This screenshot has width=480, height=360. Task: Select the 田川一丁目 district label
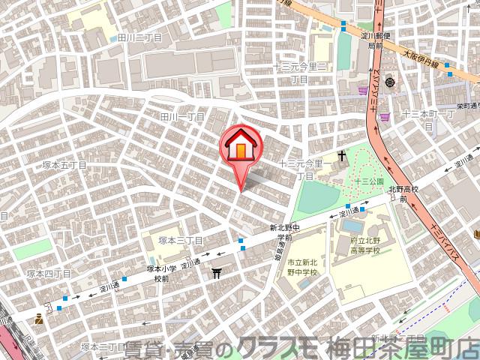pos(183,117)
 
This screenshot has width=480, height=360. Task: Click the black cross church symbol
pos(342,157)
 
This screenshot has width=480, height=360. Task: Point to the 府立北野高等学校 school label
pos(365,245)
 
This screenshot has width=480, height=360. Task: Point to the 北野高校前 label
pos(406,195)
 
